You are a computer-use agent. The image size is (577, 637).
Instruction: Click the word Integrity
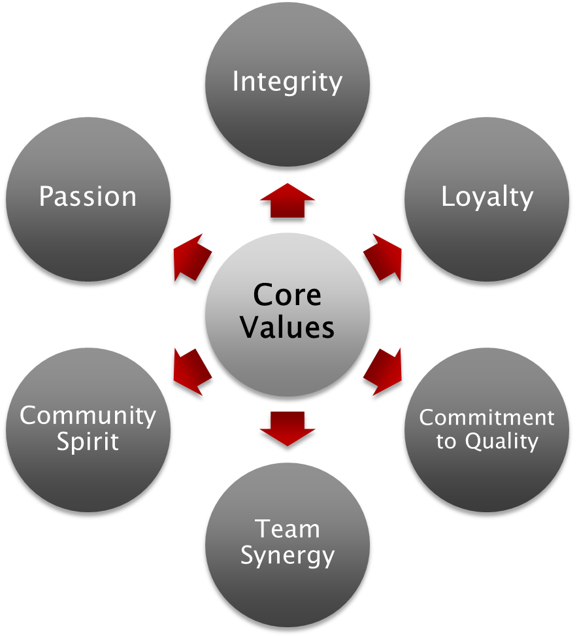287,82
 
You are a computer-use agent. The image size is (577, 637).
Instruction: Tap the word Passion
88,196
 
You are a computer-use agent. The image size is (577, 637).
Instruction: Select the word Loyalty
487,197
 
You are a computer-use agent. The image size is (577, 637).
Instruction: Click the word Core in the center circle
287,295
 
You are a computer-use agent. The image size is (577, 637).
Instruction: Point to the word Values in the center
287,326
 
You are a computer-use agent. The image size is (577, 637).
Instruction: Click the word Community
88,416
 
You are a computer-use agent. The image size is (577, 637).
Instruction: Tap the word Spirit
88,442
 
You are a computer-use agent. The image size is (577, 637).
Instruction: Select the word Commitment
487,417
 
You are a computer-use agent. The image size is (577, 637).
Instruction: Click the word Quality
501,442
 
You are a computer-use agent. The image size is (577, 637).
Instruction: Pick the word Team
287,529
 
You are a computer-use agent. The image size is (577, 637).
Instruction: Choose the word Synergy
287,555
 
